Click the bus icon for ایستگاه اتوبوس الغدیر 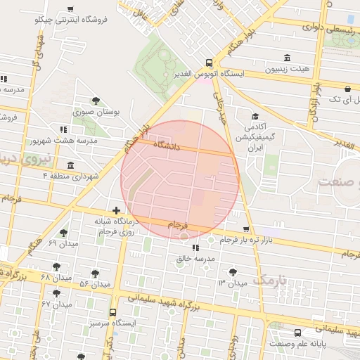click(208, 62)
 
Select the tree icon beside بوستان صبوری click(96, 101)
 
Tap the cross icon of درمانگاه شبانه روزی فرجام click(117, 210)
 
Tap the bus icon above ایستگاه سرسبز click(112, 311)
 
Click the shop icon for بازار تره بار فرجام click(245, 229)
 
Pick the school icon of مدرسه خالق click(195, 247)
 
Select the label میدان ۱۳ click(232, 283)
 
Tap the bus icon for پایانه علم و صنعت click(298, 333)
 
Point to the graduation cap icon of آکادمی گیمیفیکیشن click(256, 117)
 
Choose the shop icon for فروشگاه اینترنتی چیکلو click(70, 9)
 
